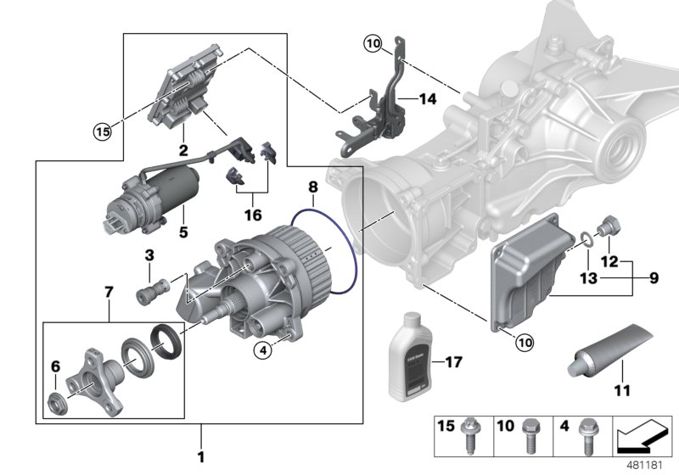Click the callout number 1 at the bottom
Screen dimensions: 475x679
pyautogui.click(x=201, y=457)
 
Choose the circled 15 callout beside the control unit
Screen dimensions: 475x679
pyautogui.click(x=103, y=131)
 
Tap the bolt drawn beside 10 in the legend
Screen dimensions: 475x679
pyautogui.click(x=528, y=433)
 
